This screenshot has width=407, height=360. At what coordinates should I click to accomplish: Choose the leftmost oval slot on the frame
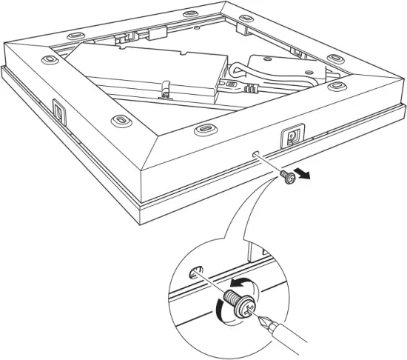(x=50, y=58)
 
